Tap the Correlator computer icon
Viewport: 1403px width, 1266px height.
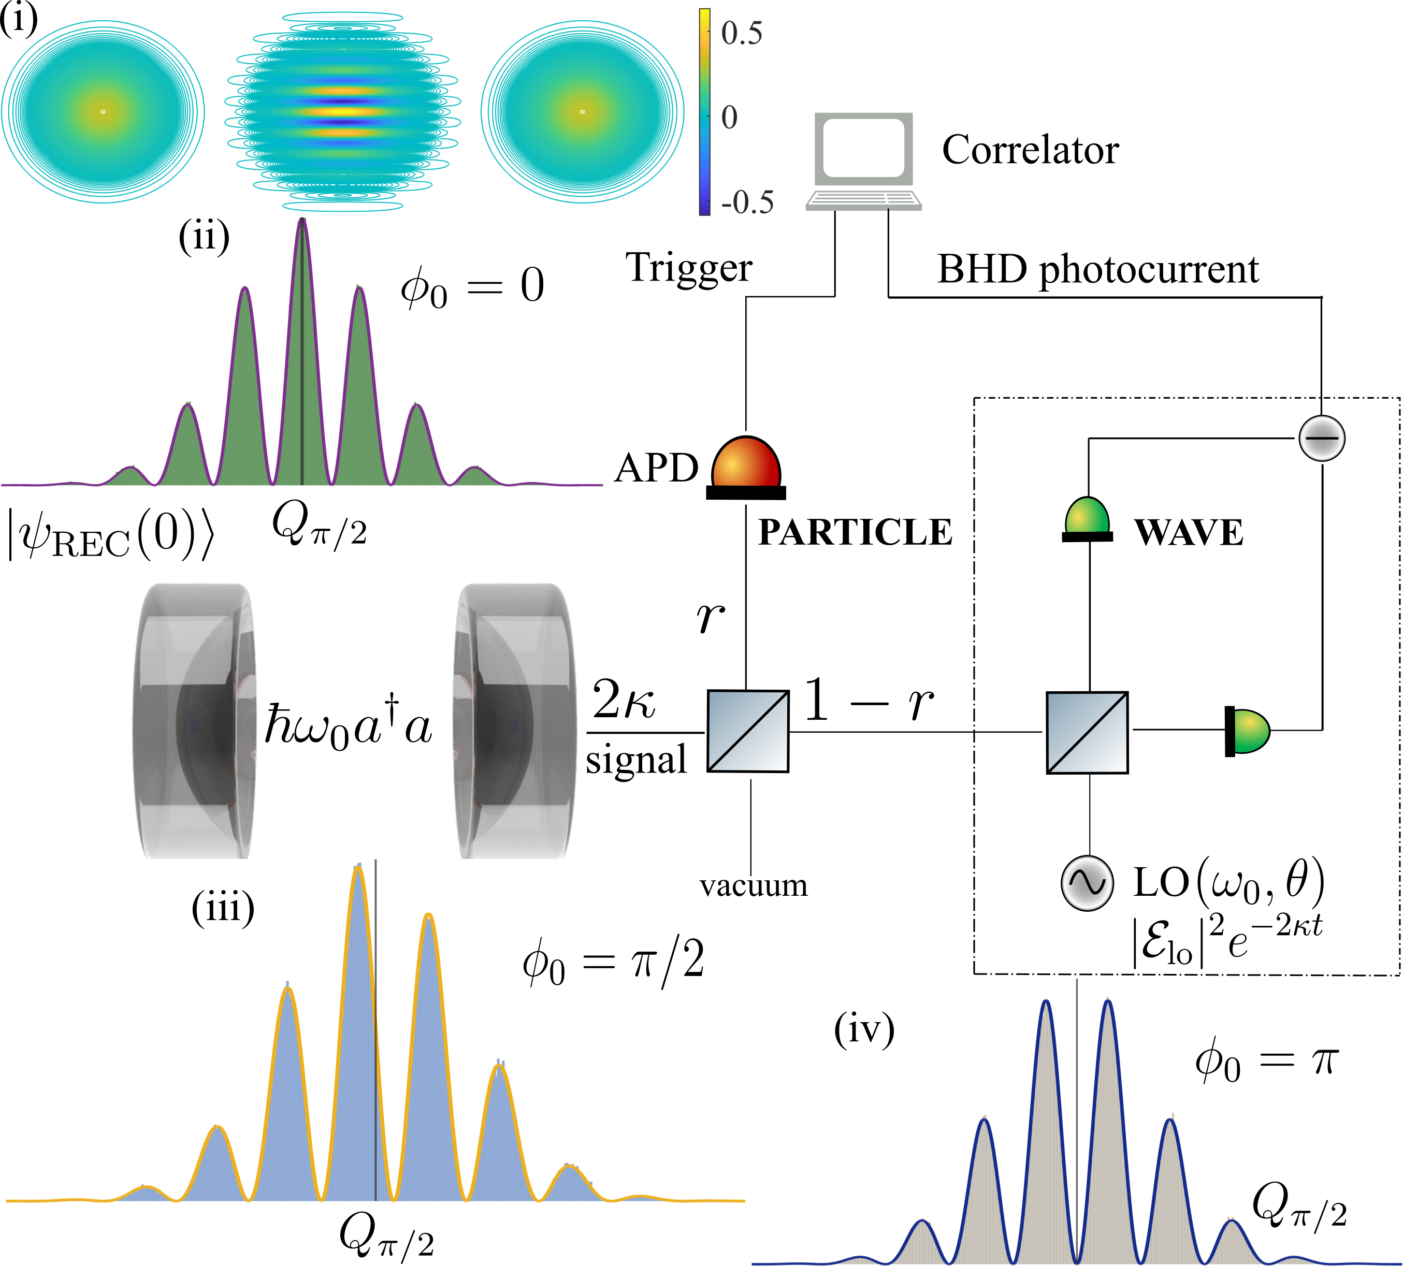(x=863, y=160)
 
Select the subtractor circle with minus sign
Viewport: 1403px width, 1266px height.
(x=1322, y=438)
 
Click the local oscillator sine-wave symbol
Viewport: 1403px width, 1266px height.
(x=1087, y=882)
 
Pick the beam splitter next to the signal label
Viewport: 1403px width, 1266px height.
(x=748, y=731)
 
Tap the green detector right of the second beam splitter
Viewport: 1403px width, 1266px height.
(x=1248, y=731)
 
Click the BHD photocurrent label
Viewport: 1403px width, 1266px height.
(x=1097, y=270)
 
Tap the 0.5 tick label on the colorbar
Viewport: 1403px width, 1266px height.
(x=742, y=33)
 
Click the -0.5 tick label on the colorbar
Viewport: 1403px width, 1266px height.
(x=746, y=202)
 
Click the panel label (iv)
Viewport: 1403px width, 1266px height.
(x=864, y=1029)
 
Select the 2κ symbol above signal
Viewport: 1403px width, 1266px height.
(x=623, y=700)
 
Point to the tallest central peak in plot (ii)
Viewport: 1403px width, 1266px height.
(x=302, y=229)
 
